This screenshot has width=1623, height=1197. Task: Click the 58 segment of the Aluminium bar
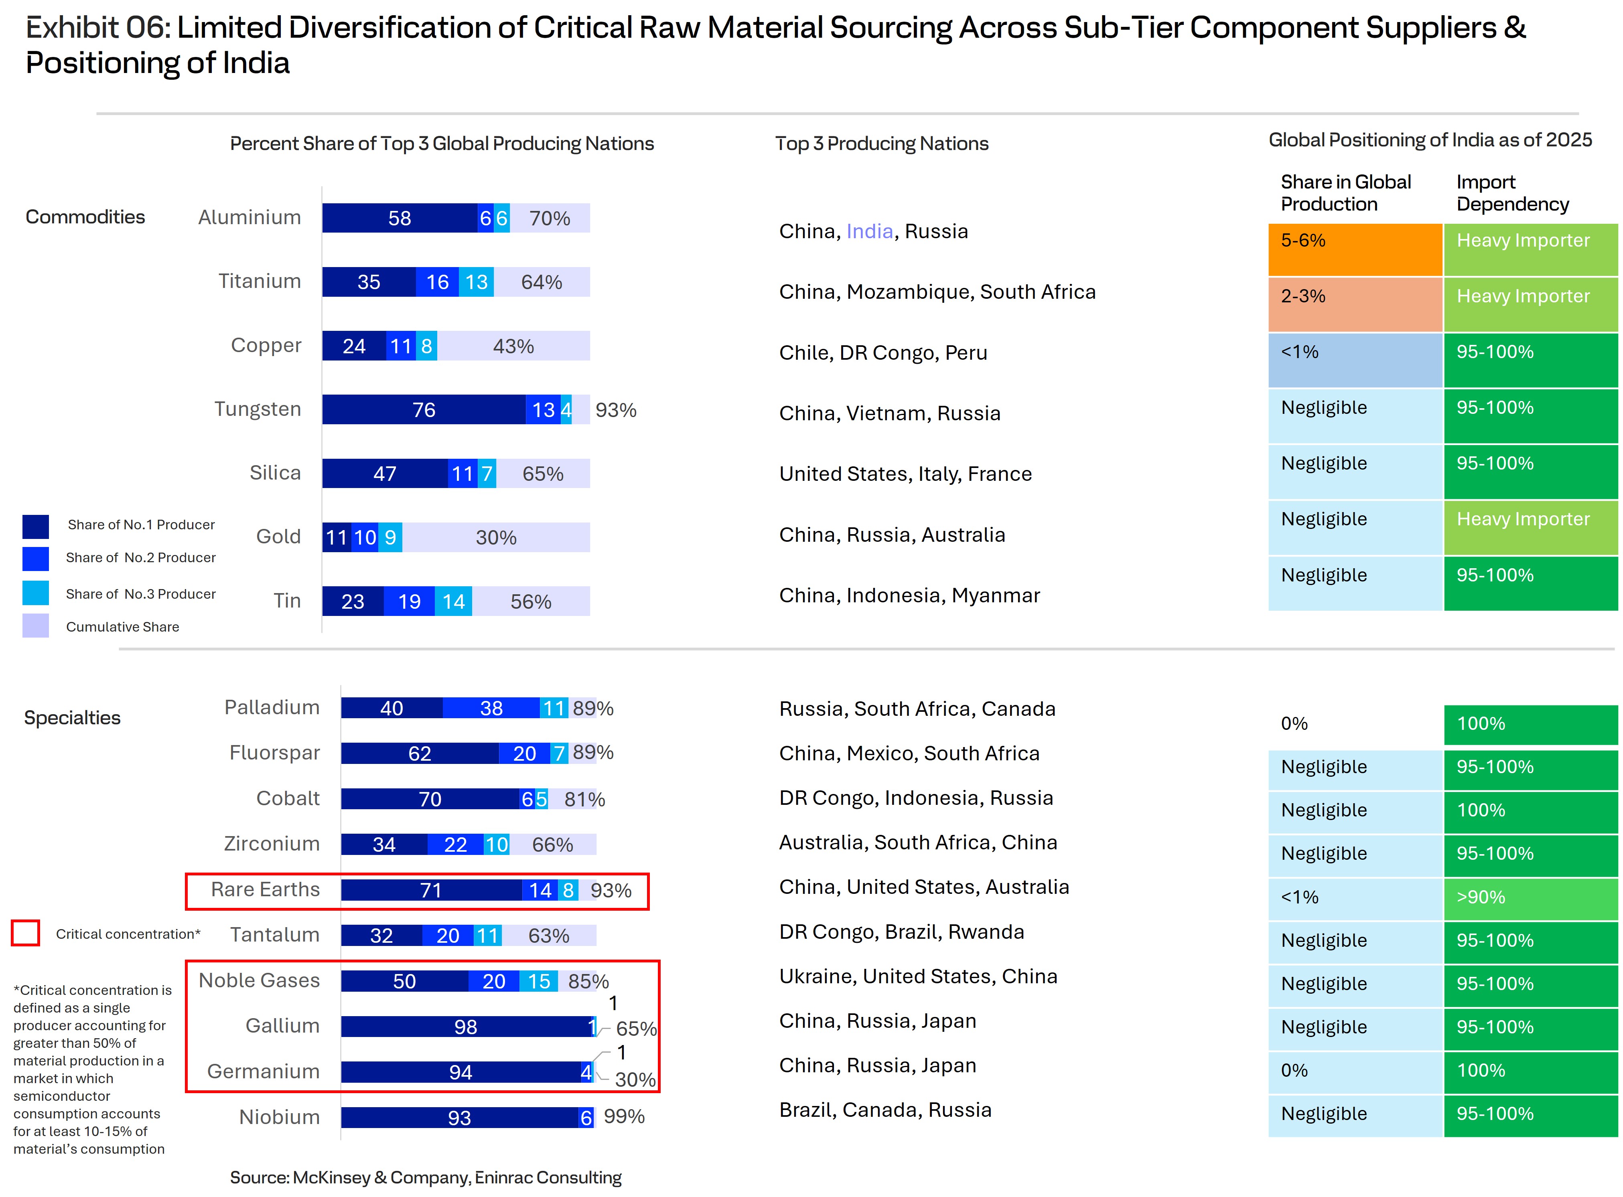[x=400, y=218]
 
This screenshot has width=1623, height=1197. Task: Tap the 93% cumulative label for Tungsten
[x=615, y=410]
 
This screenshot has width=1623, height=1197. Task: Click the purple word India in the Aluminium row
[x=869, y=231]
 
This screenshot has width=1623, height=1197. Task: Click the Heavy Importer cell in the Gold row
[x=1530, y=527]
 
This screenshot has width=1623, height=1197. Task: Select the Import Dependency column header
[x=1512, y=193]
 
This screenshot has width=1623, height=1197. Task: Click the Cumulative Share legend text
[x=122, y=627]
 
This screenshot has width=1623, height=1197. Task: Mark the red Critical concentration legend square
[x=25, y=933]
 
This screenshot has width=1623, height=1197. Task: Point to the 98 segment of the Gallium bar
[x=465, y=1027]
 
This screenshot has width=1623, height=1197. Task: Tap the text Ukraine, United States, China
[x=918, y=977]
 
